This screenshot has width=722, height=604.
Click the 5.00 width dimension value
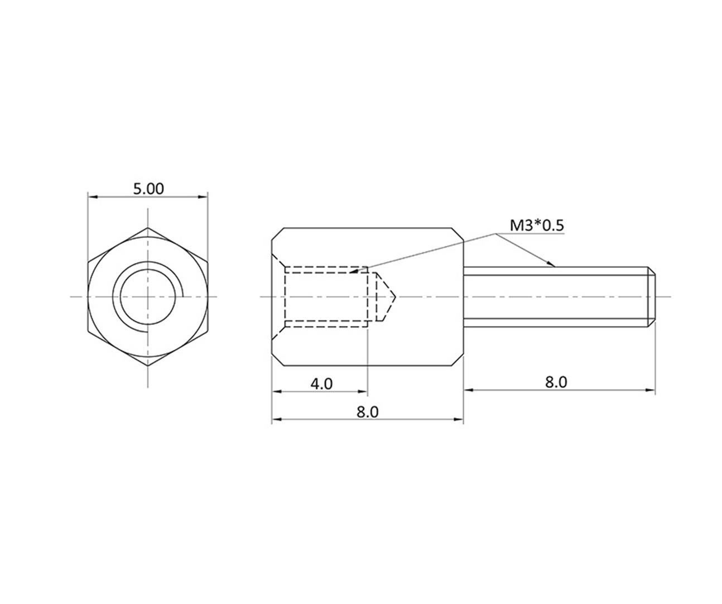tap(148, 189)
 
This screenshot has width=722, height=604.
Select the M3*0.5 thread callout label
tap(537, 226)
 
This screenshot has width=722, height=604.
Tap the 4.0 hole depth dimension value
tap(321, 384)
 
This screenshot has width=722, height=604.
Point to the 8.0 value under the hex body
tap(367, 412)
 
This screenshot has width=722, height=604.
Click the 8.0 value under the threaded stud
tap(555, 382)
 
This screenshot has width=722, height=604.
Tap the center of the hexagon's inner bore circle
tap(148, 296)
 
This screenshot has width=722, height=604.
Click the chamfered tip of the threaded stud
tap(651, 296)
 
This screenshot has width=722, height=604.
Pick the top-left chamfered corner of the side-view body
tap(277, 233)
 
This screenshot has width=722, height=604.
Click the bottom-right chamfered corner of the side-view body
tap(458, 360)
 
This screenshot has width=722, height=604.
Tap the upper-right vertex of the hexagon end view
tap(207, 262)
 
